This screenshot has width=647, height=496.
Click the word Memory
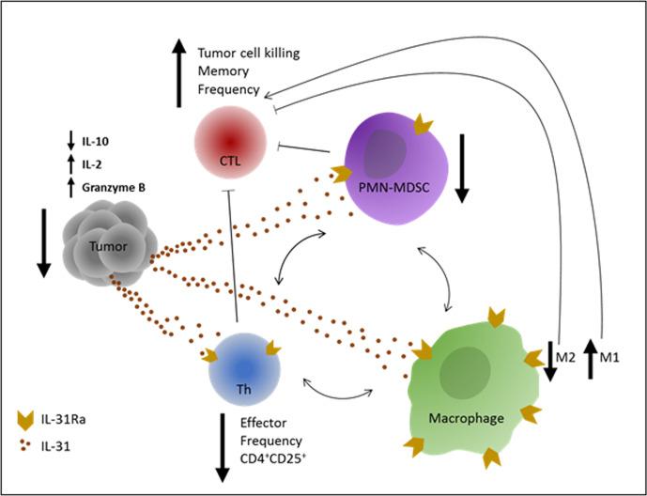224,72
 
